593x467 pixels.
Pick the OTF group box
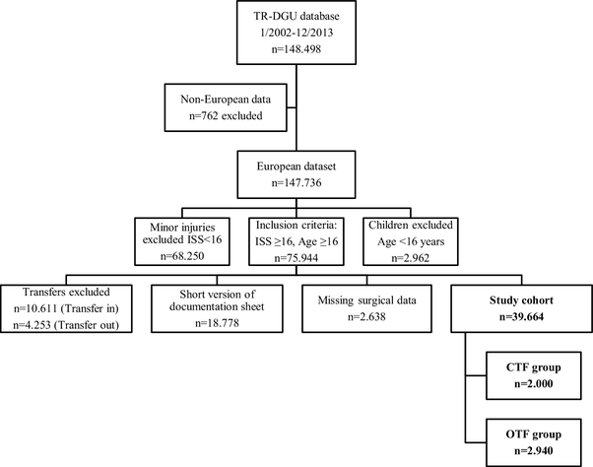pyautogui.click(x=528, y=438)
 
